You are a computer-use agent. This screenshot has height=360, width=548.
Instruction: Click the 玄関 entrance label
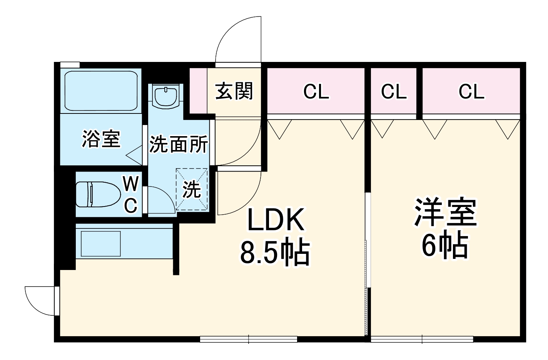tap(234, 92)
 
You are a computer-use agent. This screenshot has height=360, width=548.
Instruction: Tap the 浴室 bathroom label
tap(101, 139)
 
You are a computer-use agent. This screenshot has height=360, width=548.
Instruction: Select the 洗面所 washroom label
tap(179, 145)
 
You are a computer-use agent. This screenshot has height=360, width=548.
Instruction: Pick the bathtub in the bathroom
tap(101, 91)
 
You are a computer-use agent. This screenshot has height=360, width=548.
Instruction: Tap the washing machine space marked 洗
tap(192, 189)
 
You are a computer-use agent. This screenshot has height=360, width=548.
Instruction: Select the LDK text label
tap(276, 220)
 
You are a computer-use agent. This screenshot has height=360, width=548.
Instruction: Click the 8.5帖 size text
tap(276, 253)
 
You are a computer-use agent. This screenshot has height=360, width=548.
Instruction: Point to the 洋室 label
tap(445, 213)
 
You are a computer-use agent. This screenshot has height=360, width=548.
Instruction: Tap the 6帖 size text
tap(445, 245)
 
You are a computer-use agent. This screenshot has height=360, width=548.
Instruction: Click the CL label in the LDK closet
tap(316, 92)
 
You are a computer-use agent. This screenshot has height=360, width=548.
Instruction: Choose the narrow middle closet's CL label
tap(394, 92)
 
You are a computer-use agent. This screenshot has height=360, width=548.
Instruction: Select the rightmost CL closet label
tap(471, 92)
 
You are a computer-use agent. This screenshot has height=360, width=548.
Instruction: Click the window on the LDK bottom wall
tap(249, 339)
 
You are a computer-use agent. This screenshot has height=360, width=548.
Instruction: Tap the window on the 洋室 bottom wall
tap(422, 339)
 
